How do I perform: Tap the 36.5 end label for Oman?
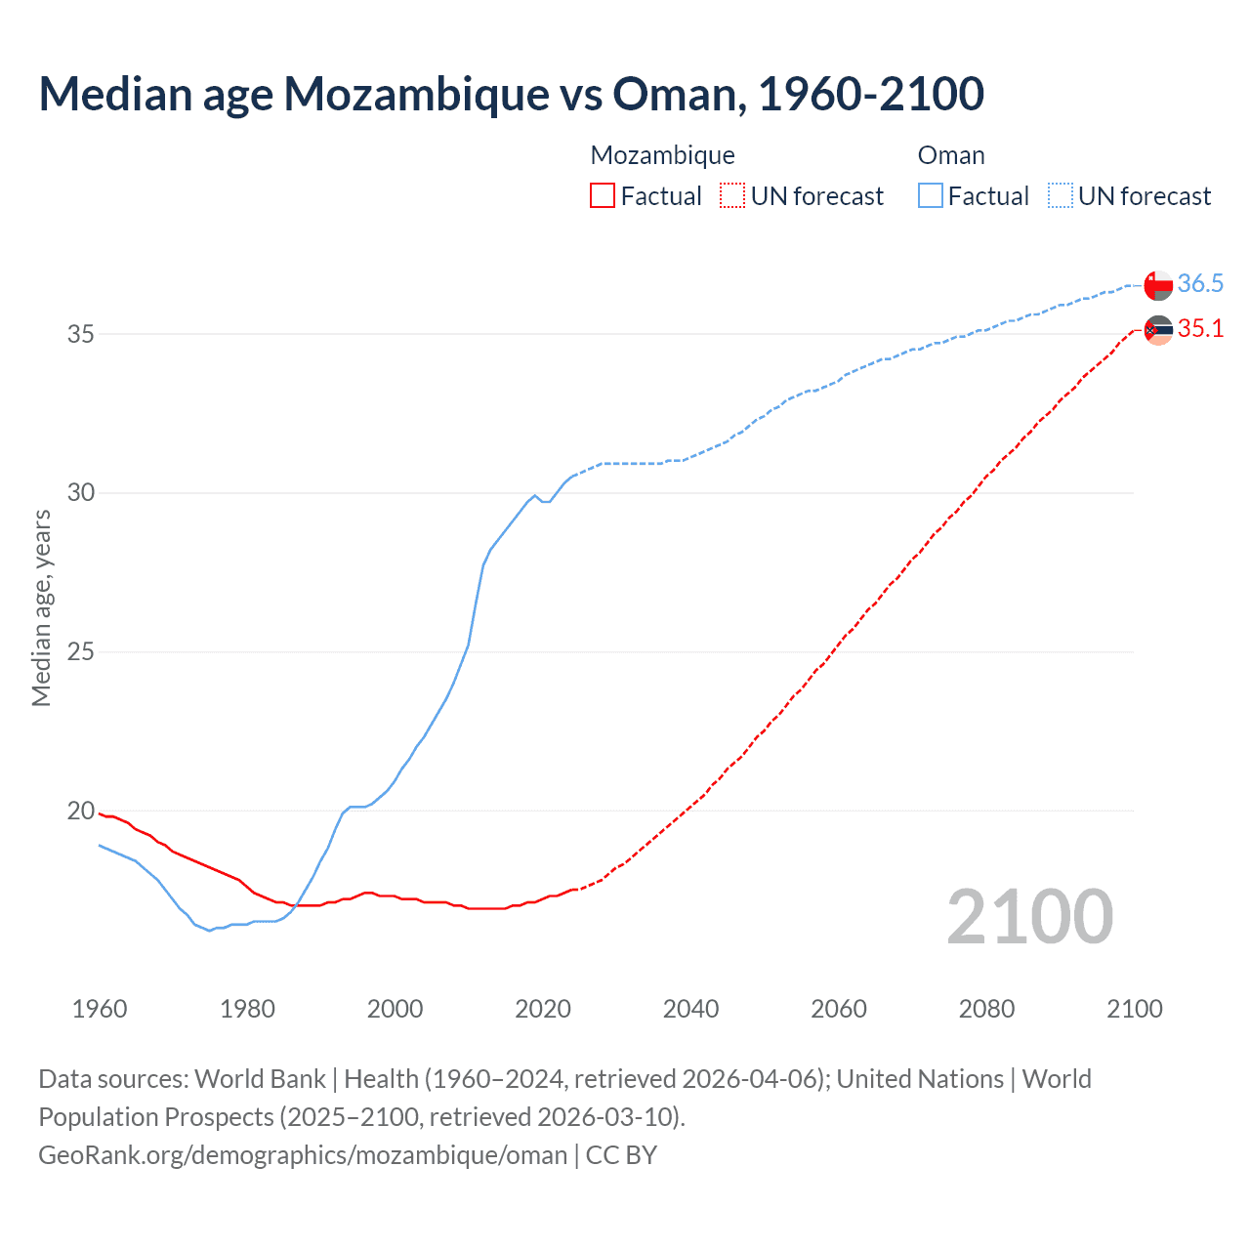point(1200,283)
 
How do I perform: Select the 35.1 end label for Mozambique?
point(1200,328)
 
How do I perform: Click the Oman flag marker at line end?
point(1158,285)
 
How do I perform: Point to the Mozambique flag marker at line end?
point(1158,330)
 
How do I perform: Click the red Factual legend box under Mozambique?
point(603,196)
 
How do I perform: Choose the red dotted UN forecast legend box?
point(732,196)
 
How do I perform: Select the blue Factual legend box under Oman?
point(931,196)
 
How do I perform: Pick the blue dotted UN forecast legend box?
point(1061,196)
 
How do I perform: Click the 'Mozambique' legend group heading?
point(662,155)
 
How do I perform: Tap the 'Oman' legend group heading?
point(951,155)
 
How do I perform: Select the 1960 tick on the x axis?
point(100,1009)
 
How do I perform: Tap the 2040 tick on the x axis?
point(690,1009)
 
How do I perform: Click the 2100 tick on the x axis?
point(1134,1009)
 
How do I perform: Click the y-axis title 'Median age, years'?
point(41,607)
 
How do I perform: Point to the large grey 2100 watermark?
point(1029,916)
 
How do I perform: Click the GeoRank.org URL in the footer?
point(303,1155)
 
